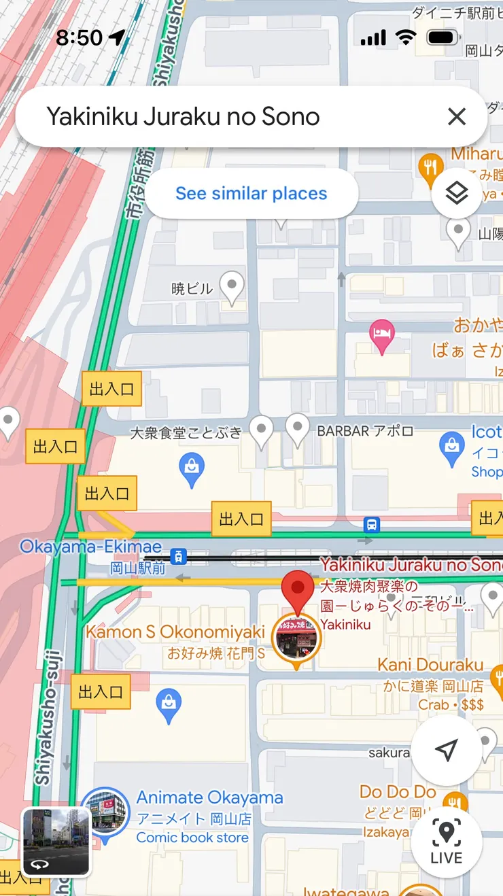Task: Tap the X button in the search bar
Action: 457,117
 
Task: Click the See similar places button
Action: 252,194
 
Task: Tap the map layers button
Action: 457,194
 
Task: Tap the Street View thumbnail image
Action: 56,840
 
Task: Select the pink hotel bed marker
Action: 381,335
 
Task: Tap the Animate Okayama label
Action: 209,797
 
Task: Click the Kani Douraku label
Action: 430,665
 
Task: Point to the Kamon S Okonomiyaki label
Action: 175,632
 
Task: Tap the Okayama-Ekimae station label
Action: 90,547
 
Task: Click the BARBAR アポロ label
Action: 365,431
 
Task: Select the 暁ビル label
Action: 192,289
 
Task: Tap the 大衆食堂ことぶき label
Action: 185,433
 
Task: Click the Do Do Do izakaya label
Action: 398,792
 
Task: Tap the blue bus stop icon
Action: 371,525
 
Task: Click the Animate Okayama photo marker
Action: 105,810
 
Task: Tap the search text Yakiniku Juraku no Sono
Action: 183,117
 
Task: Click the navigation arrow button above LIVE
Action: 446,750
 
